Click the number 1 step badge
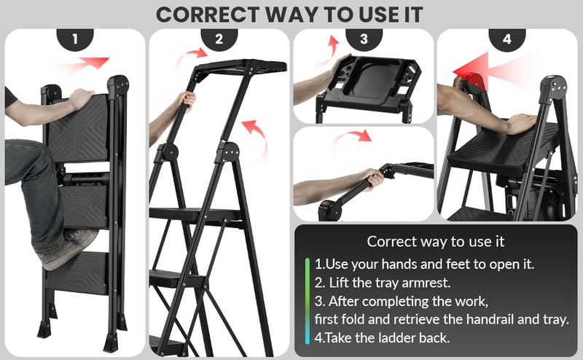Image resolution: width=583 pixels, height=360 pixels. click(x=75, y=39)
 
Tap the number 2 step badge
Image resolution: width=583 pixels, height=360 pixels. click(x=219, y=39)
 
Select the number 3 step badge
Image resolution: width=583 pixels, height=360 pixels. click(x=364, y=39)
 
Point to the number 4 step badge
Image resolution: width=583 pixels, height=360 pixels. click(x=507, y=39)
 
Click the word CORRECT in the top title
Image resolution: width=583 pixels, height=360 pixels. click(x=207, y=15)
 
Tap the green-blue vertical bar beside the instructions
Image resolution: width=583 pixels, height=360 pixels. click(x=307, y=301)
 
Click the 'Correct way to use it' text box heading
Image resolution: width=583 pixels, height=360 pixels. click(x=435, y=242)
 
